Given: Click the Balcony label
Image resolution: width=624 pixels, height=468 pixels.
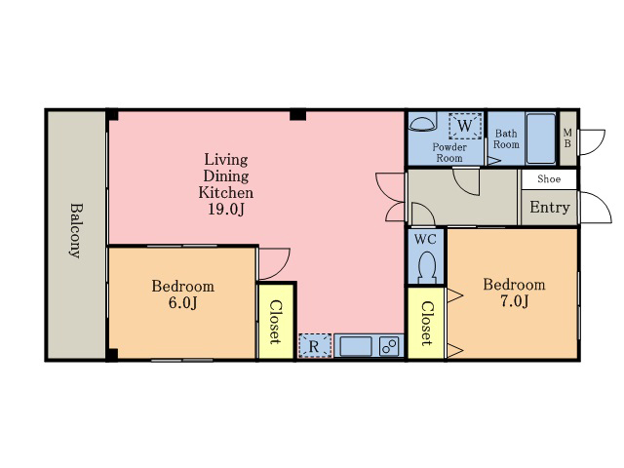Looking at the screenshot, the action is point(76,231).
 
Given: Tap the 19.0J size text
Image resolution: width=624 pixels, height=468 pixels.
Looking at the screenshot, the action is point(225,209).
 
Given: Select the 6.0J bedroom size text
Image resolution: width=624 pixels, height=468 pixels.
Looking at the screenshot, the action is point(182,303).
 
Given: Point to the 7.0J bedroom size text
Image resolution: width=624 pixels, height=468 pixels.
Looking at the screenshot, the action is point(514,301).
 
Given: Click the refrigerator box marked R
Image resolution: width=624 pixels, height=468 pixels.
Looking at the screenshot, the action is point(315,346).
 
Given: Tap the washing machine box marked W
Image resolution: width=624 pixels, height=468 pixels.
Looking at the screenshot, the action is point(465,126).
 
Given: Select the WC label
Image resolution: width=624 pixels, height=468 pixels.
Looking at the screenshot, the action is point(425,240).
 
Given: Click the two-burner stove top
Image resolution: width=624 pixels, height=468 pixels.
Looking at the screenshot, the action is point(389,346).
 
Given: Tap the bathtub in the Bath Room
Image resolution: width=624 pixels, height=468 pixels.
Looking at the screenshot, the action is point(540,138).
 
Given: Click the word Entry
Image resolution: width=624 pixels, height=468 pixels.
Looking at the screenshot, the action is point(550,208).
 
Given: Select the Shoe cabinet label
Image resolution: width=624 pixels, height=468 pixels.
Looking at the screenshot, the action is point(549,178).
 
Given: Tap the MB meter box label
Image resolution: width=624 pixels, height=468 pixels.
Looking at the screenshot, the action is point(567,137).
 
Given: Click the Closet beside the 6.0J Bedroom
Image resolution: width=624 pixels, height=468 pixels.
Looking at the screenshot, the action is point(275,322).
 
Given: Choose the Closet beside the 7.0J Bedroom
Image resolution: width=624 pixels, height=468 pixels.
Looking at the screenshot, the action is point(426,323).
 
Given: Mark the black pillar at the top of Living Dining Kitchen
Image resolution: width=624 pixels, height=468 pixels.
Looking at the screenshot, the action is point(297,115).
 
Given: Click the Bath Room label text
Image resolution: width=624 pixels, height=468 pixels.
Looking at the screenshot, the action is point(506,138).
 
